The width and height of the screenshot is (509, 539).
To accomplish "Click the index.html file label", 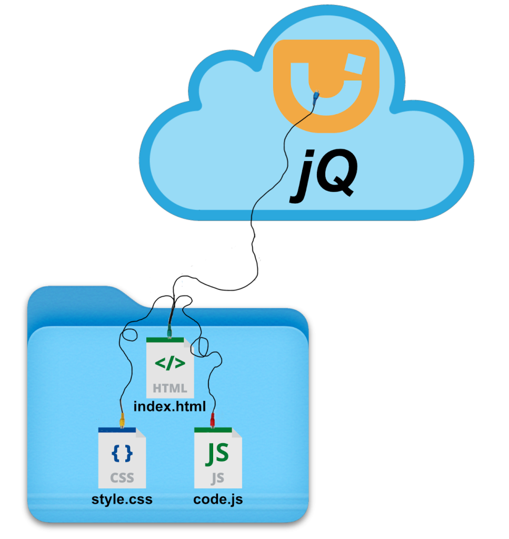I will (169, 406).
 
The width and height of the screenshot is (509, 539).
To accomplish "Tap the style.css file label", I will (122, 498).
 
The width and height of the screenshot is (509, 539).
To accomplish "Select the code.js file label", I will (218, 498).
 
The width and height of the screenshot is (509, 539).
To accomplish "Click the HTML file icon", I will (169, 367).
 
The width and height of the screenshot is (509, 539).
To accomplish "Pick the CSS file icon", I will (122, 458).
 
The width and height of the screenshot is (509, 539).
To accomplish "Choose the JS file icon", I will (218, 458).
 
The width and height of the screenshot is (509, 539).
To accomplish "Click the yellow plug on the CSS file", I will (122, 420).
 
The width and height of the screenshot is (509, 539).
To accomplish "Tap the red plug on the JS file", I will (212, 420).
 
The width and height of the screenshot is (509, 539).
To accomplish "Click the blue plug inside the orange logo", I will (316, 96).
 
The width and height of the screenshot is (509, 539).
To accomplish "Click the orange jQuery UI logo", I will (326, 84).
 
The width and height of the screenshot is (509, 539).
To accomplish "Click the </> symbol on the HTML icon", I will (169, 363).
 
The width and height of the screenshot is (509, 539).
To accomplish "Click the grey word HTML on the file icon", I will (169, 388).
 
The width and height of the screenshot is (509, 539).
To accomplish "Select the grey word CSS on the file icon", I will (122, 478).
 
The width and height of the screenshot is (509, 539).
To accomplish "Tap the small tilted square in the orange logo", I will (356, 65).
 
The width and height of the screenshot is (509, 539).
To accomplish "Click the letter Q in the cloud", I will (337, 176).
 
